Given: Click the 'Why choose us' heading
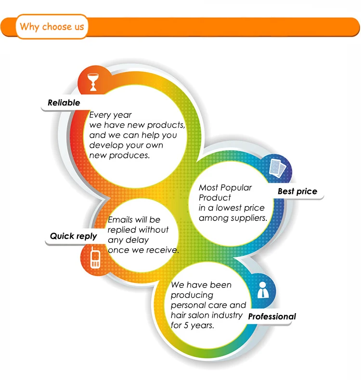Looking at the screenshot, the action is pos(52,26).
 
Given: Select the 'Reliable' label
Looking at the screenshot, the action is pos(64,102).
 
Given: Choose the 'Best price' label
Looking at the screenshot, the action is pos(297,191).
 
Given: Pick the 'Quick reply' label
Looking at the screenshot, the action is pos(73,236).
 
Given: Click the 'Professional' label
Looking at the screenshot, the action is pos(271,317).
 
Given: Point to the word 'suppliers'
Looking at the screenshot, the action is pos(249,218).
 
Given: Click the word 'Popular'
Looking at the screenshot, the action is pos(236,188).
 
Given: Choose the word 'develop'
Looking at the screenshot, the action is pos(104,145).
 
